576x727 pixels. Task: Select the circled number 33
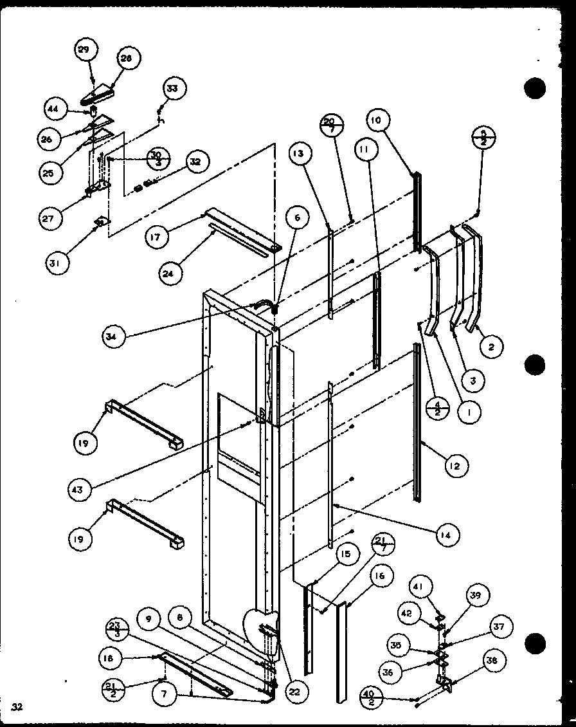coord(172,88)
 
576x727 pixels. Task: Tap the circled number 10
coord(377,120)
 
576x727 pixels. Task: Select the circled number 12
coord(456,465)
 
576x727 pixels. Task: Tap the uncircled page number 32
coord(17,708)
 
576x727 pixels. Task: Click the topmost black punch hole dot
coord(535,88)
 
